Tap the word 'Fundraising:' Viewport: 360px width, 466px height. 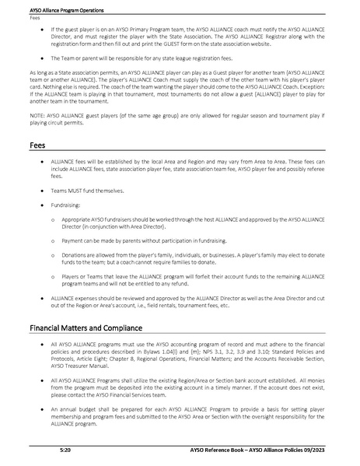tap(66, 207)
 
